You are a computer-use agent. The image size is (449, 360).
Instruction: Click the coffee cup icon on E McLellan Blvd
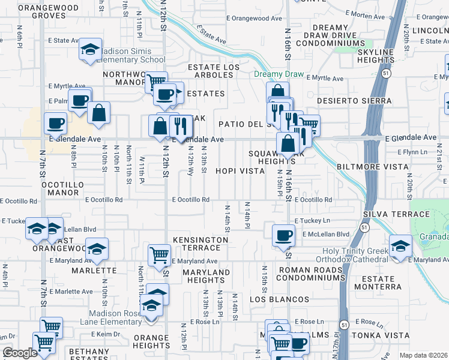[283, 235]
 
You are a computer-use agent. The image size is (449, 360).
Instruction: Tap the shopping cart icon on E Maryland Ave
[159, 254]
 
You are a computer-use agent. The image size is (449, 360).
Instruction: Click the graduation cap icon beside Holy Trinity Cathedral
[400, 245]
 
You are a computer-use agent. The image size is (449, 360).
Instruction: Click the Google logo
[20, 353]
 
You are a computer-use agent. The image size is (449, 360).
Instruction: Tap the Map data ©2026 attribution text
[423, 355]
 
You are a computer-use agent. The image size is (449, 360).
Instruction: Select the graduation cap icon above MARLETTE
[96, 249]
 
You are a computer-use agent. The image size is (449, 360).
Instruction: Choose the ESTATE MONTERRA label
[382, 283]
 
